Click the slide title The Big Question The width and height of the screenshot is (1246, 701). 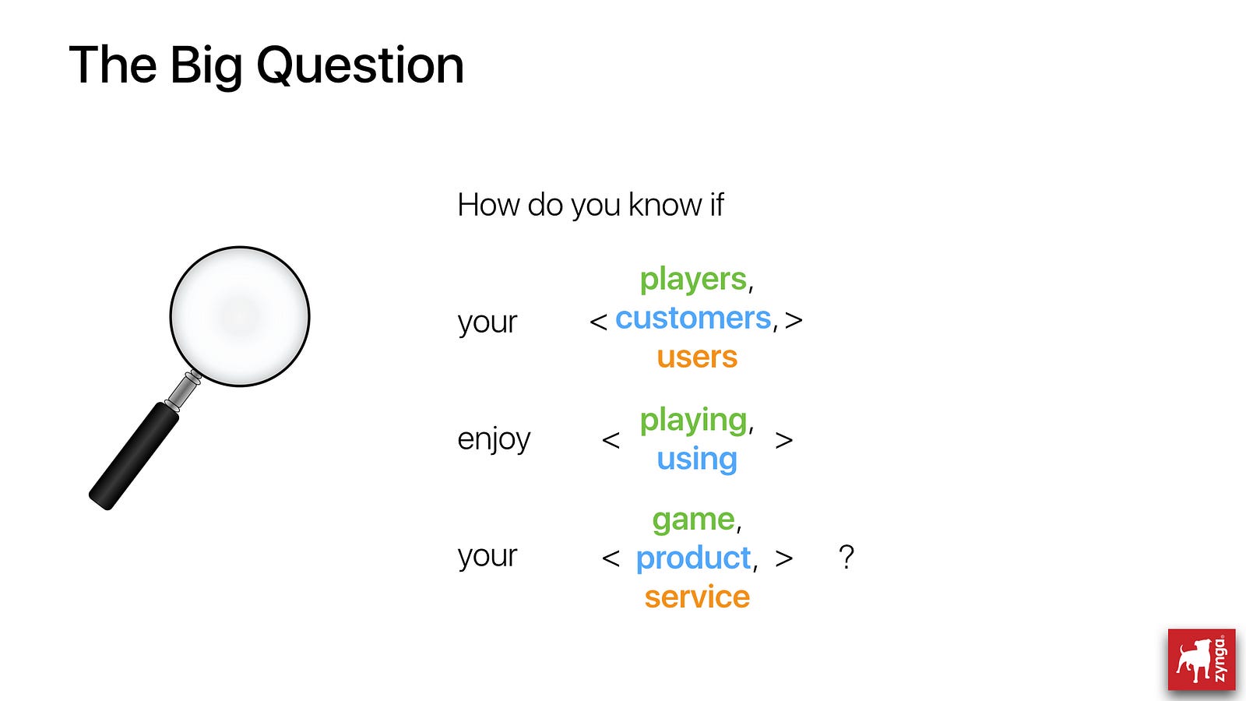[x=266, y=66]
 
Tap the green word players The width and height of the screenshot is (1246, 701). [x=692, y=280]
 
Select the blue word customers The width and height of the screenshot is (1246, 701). [x=693, y=319]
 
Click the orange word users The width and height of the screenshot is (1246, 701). [x=697, y=358]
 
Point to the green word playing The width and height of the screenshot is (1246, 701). [x=693, y=421]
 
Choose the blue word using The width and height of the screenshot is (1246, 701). [x=697, y=460]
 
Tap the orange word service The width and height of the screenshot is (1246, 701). [x=697, y=597]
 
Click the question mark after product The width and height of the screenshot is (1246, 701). [x=846, y=557]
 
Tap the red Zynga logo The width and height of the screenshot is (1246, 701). [x=1202, y=659]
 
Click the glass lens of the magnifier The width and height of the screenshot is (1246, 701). [x=240, y=316]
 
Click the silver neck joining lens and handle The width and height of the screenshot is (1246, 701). [x=183, y=391]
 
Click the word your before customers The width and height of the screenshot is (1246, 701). [x=487, y=322]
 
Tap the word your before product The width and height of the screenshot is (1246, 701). [x=487, y=556]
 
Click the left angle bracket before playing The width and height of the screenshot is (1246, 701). [x=611, y=441]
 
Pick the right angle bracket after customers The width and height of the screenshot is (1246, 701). [x=794, y=320]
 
